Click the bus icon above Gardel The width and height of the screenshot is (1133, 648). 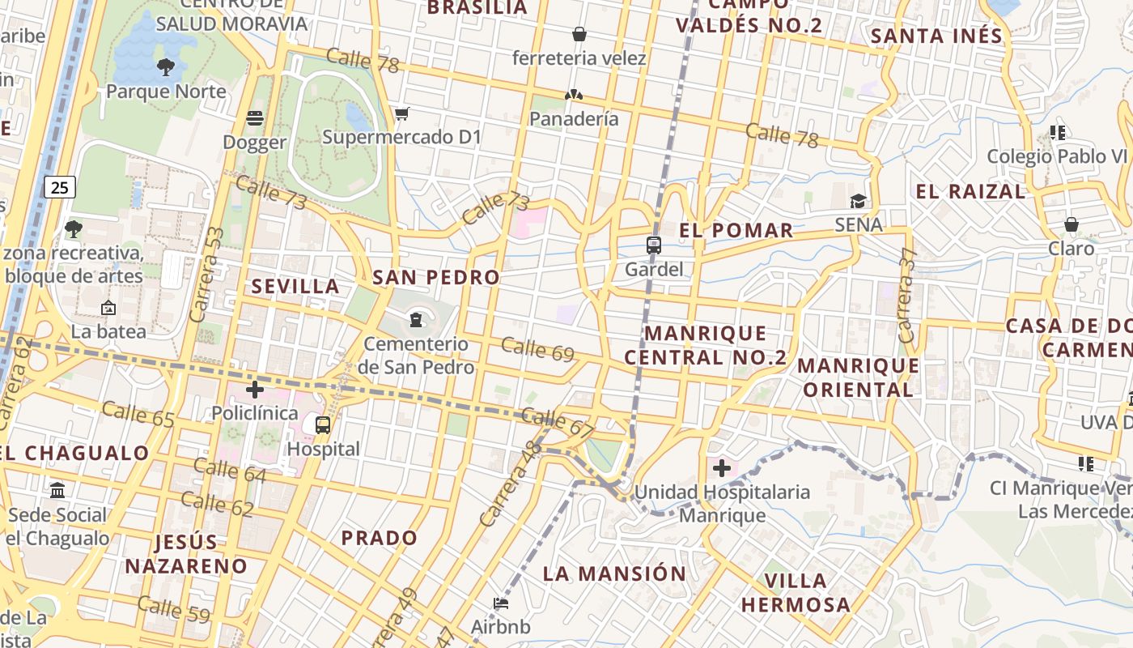654,245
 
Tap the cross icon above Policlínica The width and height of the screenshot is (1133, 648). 255,390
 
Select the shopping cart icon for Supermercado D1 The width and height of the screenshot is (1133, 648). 402,113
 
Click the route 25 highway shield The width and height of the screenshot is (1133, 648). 60,188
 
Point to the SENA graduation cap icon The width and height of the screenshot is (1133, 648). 858,201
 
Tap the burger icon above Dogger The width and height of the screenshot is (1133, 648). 255,119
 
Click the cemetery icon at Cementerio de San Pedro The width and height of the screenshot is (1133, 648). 416,320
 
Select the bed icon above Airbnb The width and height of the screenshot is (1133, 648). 501,603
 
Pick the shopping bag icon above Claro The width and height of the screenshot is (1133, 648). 1071,224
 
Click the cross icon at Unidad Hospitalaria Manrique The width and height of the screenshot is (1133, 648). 721,468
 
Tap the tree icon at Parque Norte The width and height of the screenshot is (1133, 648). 166,67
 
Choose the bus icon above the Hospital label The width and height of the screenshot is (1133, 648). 323,424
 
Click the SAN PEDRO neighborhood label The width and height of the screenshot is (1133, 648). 436,278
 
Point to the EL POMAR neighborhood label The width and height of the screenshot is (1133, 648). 736,231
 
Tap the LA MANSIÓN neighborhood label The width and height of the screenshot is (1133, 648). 614,574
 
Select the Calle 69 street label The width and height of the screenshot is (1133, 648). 537,349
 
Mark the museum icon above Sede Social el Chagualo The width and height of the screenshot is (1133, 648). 57,491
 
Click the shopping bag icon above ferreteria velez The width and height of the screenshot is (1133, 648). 579,34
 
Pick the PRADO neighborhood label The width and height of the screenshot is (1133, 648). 379,538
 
